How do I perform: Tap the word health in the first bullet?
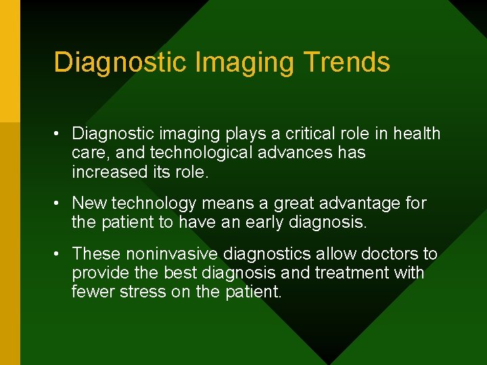tap(417, 134)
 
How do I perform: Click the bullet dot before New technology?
tap(60, 203)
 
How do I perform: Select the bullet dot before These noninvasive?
tap(60, 254)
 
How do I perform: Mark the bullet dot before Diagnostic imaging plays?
tap(60, 134)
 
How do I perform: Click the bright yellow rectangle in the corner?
tap(9, 61)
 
